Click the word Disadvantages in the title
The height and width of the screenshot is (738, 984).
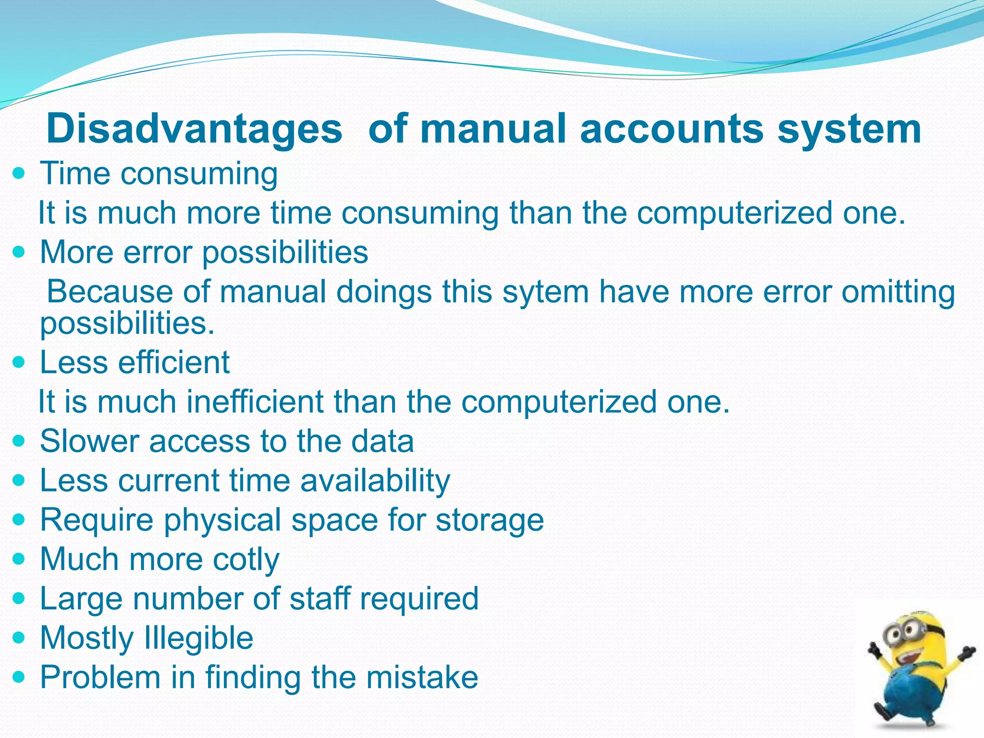click(194, 129)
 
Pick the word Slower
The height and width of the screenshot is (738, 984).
click(90, 441)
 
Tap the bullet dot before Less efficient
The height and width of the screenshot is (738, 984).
click(19, 362)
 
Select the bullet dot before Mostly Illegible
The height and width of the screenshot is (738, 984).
click(19, 638)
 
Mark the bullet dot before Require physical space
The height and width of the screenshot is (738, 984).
click(19, 520)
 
